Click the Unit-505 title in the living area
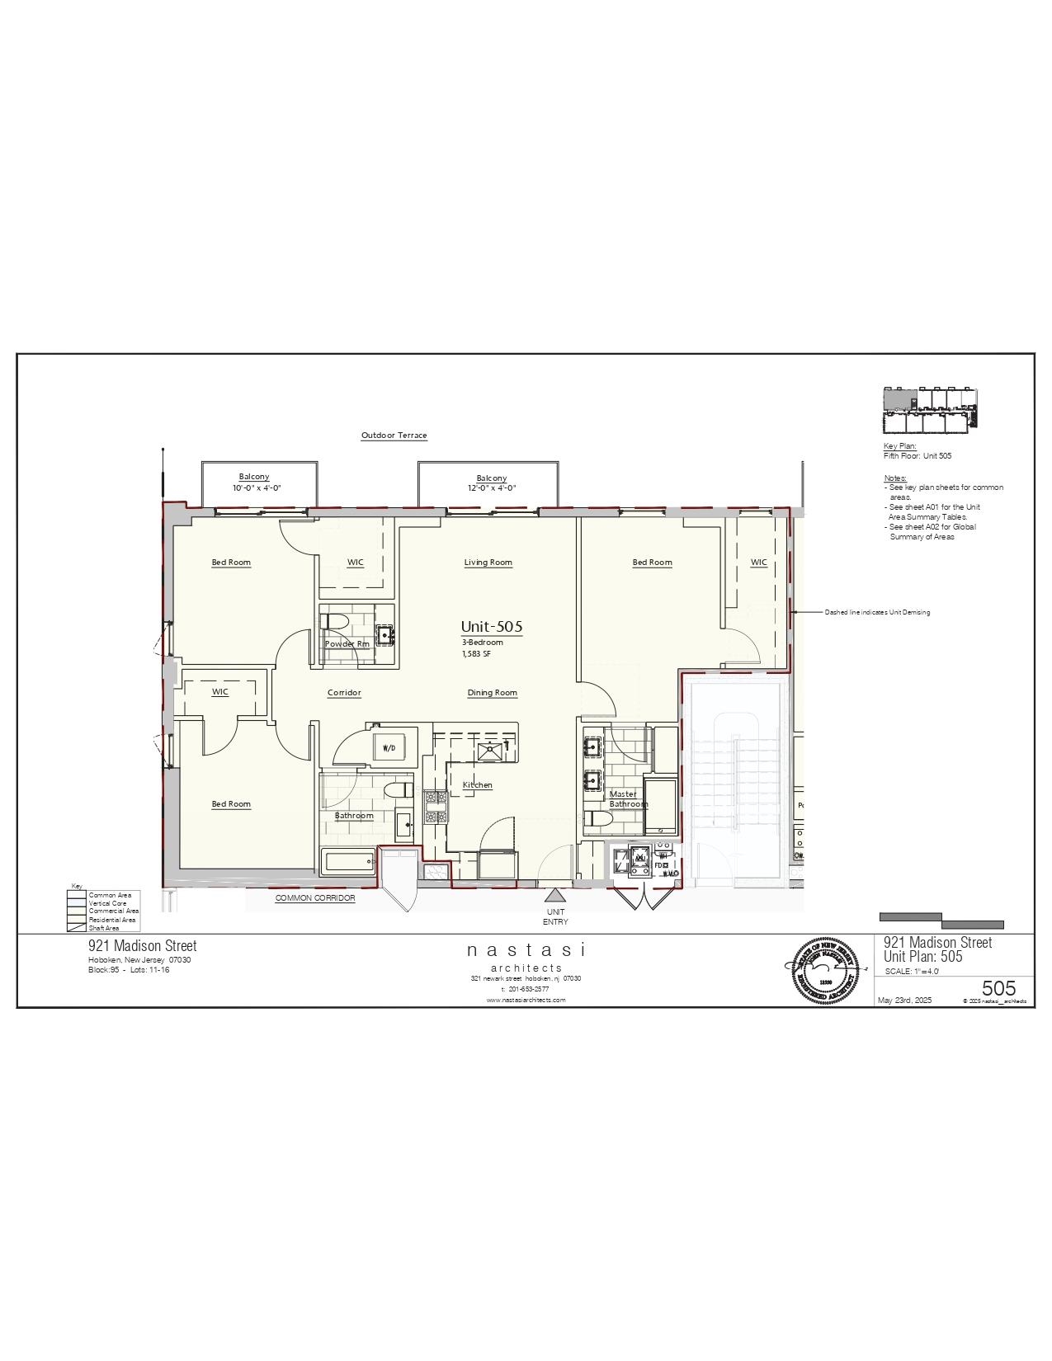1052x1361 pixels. [491, 627]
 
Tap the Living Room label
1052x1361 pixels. [488, 563]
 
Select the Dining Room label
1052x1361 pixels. [492, 693]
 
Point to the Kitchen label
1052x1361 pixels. [477, 785]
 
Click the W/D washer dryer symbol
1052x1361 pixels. [389, 748]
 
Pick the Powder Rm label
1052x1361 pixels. [347, 644]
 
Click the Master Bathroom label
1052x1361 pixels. [628, 799]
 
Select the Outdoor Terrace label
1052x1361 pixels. [394, 436]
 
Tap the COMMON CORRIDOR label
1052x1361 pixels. [315, 898]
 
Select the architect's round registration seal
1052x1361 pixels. [820, 971]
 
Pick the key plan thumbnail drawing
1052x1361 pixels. [930, 410]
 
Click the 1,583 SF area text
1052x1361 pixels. [476, 654]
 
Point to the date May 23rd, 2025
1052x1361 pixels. [904, 1001]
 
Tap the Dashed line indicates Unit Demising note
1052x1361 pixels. [876, 613]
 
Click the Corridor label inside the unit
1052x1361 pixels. [344, 693]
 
